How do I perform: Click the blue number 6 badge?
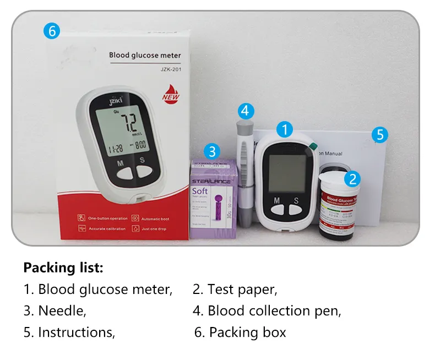pos(51,31)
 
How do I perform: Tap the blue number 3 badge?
pos(213,151)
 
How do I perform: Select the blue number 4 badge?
pos(245,111)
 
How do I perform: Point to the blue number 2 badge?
pos(352,178)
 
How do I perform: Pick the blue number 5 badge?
pos(379,134)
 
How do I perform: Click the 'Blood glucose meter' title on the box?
pos(145,55)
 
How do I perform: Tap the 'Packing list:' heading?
pos(63,268)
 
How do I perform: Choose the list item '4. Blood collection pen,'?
pos(267,310)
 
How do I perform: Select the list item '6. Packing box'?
pos(241,332)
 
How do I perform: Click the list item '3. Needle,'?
pos(55,310)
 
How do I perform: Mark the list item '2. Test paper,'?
pos(235,289)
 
